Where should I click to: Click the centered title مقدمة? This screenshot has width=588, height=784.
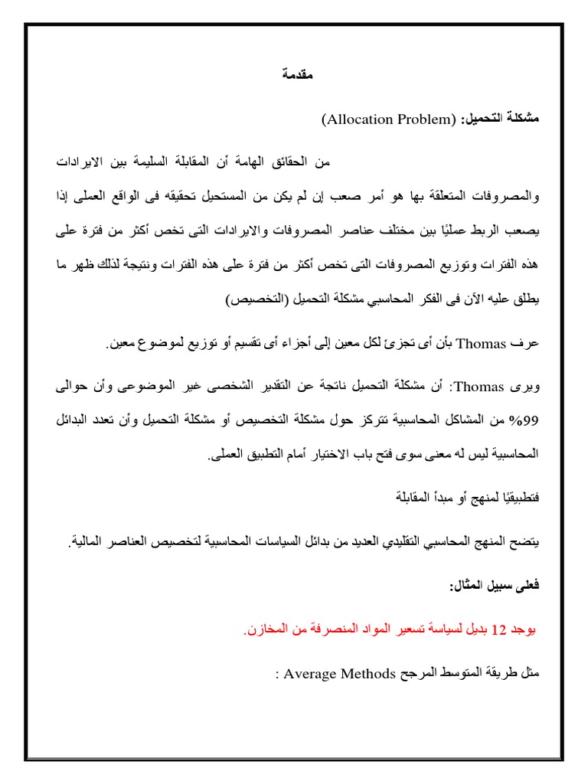coord(295,75)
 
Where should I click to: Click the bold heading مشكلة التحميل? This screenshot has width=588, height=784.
coord(498,120)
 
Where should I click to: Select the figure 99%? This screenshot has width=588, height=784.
coord(528,421)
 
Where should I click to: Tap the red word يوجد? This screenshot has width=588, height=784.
coord(524,632)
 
